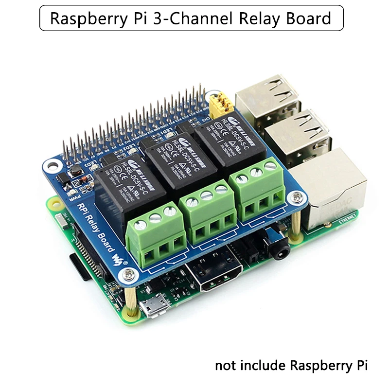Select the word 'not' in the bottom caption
click(227, 365)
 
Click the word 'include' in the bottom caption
click(267, 365)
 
